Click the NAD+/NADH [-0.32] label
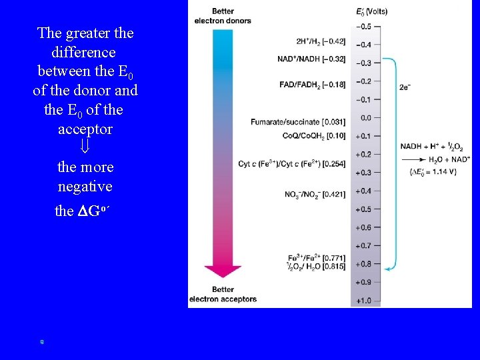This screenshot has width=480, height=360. pyautogui.click(x=311, y=59)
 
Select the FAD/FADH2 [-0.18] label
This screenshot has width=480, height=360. pyautogui.click(x=312, y=85)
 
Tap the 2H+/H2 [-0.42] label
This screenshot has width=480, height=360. pyautogui.click(x=320, y=41)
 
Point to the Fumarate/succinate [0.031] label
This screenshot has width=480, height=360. pyautogui.click(x=298, y=121)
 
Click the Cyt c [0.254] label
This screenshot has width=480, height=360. pyautogui.click(x=291, y=164)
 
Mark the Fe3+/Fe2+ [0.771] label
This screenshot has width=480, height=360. pyautogui.click(x=316, y=257)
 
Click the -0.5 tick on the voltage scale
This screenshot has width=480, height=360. pyautogui.click(x=363, y=27)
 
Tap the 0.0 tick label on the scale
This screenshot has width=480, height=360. pyautogui.click(x=366, y=118)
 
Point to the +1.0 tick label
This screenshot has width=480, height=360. pyautogui.click(x=363, y=301)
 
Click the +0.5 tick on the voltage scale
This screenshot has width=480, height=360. pyautogui.click(x=363, y=209)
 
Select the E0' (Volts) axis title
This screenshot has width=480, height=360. pyautogui.click(x=372, y=12)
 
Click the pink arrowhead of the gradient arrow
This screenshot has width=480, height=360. pyautogui.click(x=222, y=271)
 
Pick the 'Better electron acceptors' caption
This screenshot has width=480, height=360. pyautogui.click(x=223, y=295)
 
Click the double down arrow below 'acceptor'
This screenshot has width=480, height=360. pyautogui.click(x=85, y=147)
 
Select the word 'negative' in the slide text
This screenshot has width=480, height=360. pyautogui.click(x=85, y=186)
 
